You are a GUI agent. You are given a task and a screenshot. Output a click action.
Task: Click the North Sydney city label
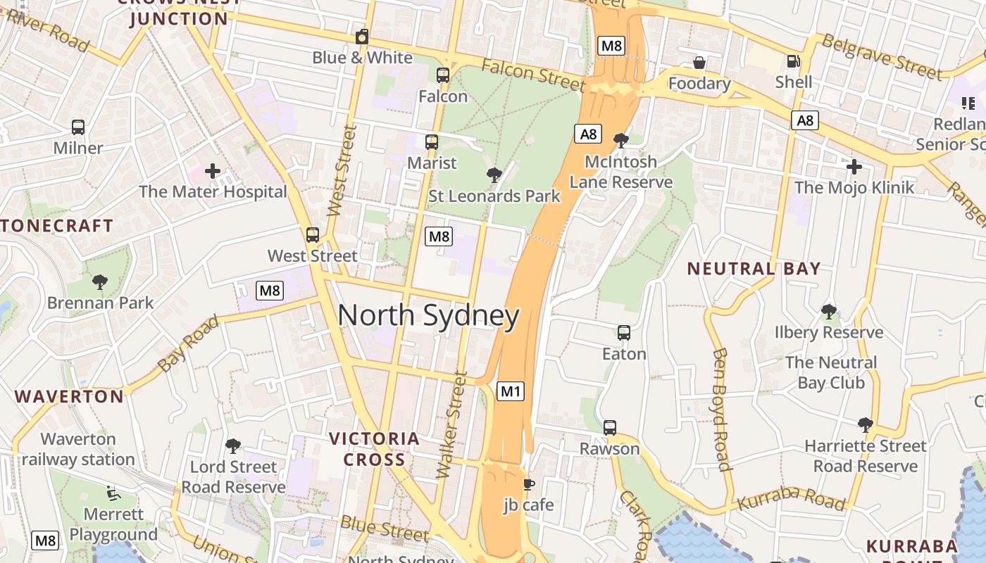pos(428,316)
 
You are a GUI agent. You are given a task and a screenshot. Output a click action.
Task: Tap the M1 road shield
pos(511,391)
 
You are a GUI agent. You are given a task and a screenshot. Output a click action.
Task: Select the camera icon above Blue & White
pos(362,37)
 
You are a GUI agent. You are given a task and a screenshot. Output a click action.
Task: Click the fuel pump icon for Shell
pos(794,62)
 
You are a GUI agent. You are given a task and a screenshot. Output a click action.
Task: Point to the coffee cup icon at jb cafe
pos(528,484)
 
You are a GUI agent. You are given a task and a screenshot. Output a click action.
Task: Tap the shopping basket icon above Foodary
pos(699,63)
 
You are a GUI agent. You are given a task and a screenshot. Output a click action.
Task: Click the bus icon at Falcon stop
pos(443,75)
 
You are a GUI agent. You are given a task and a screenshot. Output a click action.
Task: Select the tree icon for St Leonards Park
pos(494,175)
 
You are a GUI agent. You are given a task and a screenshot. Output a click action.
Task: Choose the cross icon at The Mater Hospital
pos(213,170)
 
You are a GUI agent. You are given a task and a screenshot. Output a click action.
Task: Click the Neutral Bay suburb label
pos(754,268)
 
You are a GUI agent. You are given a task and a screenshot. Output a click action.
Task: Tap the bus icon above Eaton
pos(624,332)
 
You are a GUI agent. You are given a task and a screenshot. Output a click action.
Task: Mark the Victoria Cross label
pos(374,449)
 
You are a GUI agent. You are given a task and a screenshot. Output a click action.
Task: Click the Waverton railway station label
pos(77,449)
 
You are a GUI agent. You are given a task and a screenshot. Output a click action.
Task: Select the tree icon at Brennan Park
pos(100,282)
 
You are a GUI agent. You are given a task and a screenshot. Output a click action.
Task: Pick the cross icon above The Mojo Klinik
pos(854,167)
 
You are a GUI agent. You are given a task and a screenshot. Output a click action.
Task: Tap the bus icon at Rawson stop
pos(610,427)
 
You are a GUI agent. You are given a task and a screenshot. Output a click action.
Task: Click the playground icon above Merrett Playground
pos(113,493)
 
